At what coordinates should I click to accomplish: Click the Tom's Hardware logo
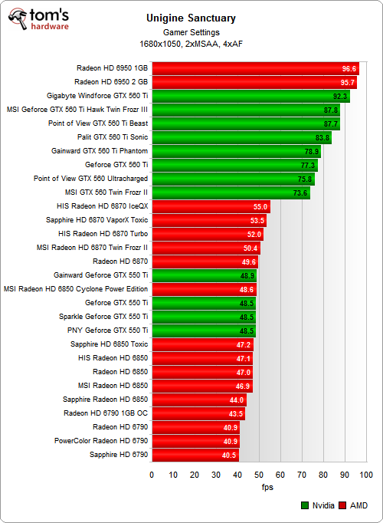tap(38, 20)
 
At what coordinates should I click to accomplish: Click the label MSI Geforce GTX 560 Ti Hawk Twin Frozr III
tap(77, 110)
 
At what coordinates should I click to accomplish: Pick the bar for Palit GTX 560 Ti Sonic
tap(241, 137)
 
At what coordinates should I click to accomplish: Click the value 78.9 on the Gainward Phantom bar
tap(312, 151)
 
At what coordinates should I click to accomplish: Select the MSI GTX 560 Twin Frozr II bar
tap(231, 192)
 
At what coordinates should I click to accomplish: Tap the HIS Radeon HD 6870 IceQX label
tap(107, 206)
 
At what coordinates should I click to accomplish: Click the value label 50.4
tap(250, 248)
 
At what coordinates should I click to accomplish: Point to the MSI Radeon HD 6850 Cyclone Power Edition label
tap(76, 289)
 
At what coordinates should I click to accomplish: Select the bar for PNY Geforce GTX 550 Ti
tap(203, 331)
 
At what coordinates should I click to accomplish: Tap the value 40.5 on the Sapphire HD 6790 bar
tap(230, 455)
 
